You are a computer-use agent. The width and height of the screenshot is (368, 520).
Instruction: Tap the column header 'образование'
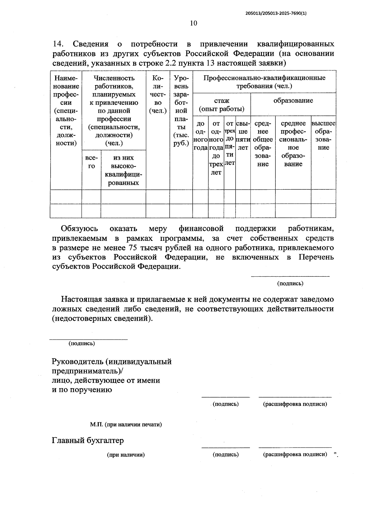point(293,101)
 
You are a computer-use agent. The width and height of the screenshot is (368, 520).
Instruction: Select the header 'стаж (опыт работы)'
point(221,105)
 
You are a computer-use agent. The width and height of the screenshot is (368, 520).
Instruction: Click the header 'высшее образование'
point(324,135)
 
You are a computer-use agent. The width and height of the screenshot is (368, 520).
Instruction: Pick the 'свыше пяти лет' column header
point(243,135)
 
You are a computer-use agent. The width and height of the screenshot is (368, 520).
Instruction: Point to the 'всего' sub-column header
point(91,162)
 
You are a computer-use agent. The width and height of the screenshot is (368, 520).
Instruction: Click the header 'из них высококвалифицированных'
point(123,170)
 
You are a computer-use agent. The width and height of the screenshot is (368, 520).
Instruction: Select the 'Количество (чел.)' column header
point(158,94)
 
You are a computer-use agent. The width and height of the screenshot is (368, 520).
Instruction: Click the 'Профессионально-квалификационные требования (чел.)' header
point(264,82)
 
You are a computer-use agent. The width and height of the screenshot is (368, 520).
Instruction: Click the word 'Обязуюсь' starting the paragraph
point(79,229)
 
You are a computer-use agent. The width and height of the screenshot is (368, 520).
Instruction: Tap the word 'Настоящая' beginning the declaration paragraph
point(81,299)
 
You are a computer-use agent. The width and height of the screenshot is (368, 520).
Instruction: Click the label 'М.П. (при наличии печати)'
point(126,425)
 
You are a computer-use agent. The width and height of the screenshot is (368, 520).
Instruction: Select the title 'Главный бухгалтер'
point(88,441)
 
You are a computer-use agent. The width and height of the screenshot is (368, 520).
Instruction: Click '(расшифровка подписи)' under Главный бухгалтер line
point(295,454)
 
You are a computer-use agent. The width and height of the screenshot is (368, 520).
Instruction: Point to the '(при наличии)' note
point(126,455)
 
